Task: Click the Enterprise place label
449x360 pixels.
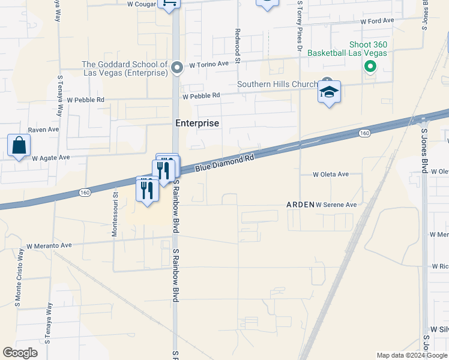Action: click(197, 123)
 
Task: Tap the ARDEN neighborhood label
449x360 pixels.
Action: click(300, 205)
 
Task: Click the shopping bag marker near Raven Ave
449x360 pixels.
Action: click(19, 146)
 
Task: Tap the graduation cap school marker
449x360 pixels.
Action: click(329, 92)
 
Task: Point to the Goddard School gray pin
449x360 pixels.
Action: click(176, 67)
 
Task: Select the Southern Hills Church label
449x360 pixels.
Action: click(277, 85)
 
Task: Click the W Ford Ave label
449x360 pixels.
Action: click(377, 21)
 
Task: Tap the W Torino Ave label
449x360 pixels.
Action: click(209, 64)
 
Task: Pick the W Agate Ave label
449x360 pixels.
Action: click(51, 158)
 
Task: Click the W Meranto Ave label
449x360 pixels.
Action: click(49, 245)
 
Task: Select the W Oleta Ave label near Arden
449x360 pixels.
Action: click(331, 175)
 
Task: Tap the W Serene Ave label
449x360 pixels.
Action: click(336, 205)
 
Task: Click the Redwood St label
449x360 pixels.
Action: click(238, 46)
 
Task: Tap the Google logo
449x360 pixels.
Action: click(20, 353)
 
